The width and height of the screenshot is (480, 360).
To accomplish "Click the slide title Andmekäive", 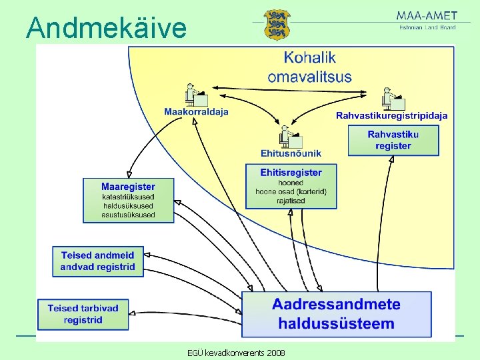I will pos(107,28).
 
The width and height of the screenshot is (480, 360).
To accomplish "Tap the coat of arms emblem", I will pos(277,25).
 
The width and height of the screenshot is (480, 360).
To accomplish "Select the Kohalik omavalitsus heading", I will pos(309,67).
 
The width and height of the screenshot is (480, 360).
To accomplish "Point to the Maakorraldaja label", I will pos(196,112).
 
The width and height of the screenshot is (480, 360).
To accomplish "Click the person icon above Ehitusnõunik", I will pos(291,137).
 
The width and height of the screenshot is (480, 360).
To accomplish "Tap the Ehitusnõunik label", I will pos(291,153).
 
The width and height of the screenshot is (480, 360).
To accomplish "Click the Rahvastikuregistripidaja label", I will pos(391,115).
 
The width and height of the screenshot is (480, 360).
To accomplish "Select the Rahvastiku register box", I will pos(393,141).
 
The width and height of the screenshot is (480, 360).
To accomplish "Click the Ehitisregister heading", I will pos(291,173).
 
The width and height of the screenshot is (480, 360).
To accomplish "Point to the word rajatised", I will pos(291,201).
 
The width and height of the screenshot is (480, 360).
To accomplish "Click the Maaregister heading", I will pos(128,187).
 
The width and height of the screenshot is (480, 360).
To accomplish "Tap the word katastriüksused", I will pos(128,197).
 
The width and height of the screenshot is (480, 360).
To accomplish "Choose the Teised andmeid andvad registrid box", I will pos(97,261).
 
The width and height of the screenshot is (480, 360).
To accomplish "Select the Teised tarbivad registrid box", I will pos(83,314).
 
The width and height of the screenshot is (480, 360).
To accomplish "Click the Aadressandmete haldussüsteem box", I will pos(336,314).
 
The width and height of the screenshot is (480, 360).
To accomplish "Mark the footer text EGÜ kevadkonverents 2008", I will pos(237,352).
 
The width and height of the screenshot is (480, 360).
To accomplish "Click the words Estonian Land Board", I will pos(427,27).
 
